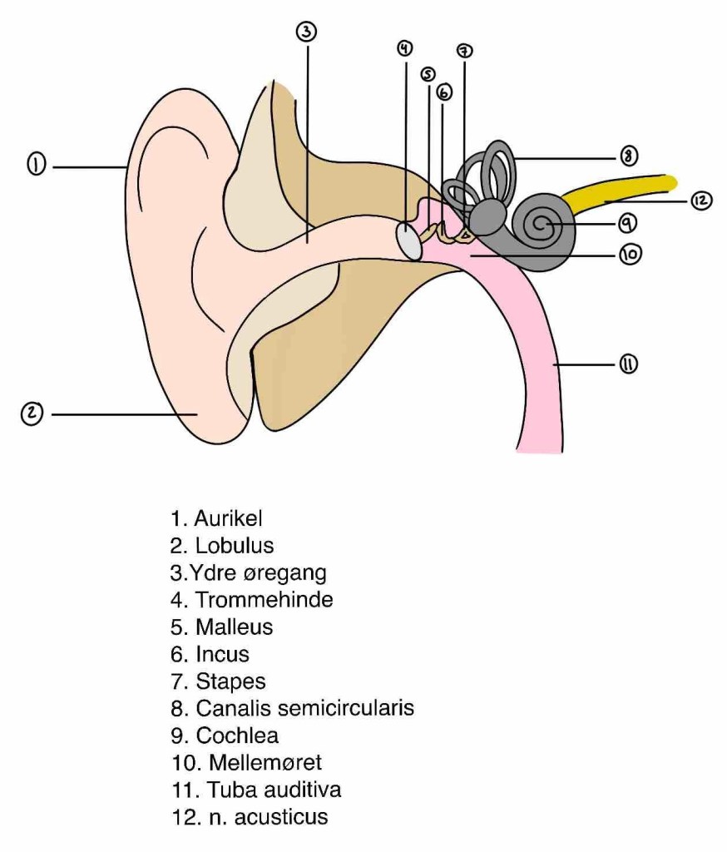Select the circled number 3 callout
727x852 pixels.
[x=307, y=32]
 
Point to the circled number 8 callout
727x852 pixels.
[x=629, y=156]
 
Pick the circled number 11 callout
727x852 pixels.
[x=627, y=364]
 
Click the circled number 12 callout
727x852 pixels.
[x=701, y=201]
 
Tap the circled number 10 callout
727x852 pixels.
[x=631, y=255]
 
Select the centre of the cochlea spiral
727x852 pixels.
[x=542, y=223]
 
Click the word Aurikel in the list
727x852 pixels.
[x=228, y=519]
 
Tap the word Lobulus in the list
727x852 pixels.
[x=235, y=546]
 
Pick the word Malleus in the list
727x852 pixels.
[x=234, y=627]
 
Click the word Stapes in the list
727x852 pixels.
[x=230, y=681]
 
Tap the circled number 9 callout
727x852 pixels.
[x=628, y=223]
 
